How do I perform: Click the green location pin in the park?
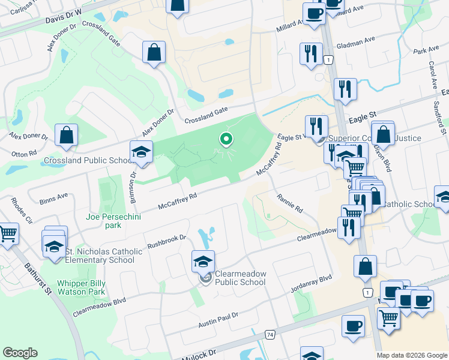226,140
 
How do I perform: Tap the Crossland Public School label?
88,160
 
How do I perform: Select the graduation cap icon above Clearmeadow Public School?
203,262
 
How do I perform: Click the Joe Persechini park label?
113,221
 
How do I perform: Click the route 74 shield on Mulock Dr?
270,334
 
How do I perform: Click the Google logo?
20,353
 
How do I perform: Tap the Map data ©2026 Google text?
412,355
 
